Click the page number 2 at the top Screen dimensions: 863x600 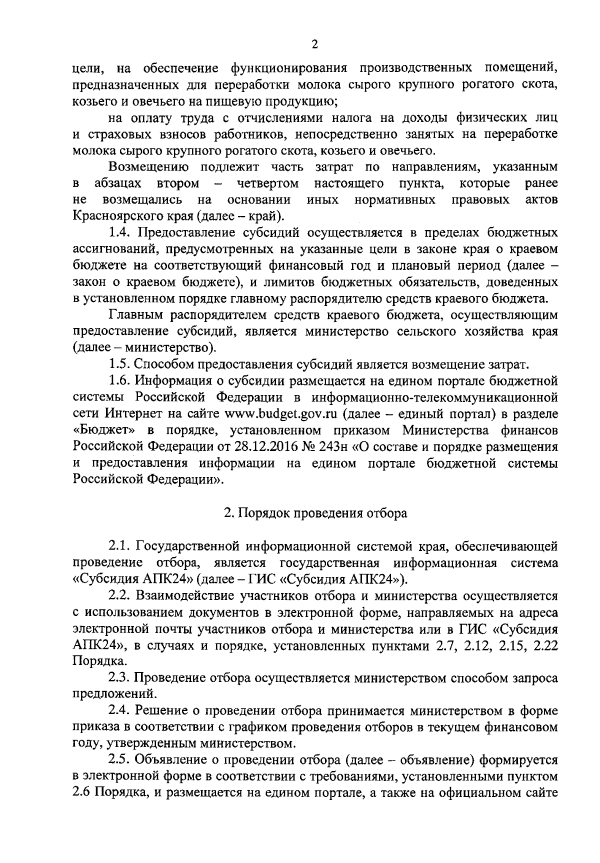(x=314, y=44)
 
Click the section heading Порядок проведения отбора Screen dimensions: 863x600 (x=315, y=512)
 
